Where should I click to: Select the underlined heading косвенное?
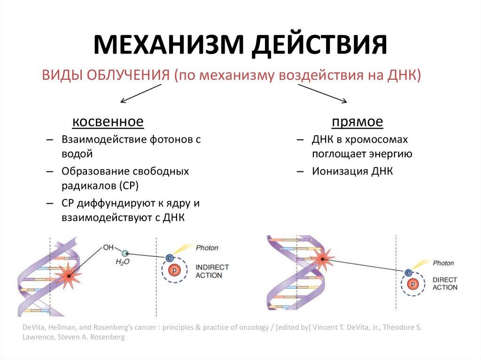[x=108, y=123]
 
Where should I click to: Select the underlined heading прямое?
[x=357, y=123]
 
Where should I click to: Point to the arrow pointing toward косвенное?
[x=140, y=93]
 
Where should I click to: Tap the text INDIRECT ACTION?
[x=212, y=271]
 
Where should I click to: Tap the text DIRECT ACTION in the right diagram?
[x=445, y=283]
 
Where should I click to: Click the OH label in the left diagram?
[x=109, y=247]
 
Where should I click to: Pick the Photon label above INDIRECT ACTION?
[x=207, y=247]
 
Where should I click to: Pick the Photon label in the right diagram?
[x=443, y=263]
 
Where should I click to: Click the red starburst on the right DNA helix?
[x=323, y=259]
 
